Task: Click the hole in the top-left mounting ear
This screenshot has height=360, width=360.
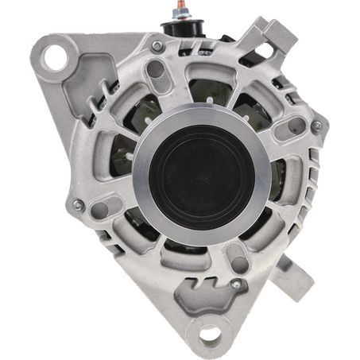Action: (53, 56)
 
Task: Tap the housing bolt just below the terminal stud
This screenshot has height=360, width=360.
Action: (157, 47)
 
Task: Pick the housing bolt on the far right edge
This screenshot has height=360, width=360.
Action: (316, 126)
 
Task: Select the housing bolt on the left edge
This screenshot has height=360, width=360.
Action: (78, 205)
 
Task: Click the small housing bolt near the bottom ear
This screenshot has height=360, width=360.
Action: (236, 284)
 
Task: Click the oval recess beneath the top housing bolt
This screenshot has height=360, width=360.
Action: (157, 70)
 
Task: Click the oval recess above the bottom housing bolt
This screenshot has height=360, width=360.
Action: (234, 259)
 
